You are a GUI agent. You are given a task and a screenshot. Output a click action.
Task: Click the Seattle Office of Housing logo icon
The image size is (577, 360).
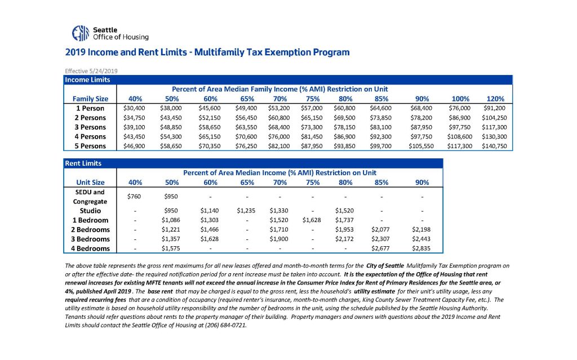pos(81,33)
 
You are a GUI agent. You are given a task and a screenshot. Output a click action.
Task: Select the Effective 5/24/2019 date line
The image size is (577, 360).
pos(91,71)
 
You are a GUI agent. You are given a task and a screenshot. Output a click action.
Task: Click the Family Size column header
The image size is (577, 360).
pos(90,99)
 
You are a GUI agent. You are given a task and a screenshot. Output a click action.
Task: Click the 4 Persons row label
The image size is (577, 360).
pos(91,136)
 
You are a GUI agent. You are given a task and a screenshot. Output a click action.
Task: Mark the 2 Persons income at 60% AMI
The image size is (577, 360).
pos(208,118)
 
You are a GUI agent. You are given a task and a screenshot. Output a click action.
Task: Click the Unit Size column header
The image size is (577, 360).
pos(90,182)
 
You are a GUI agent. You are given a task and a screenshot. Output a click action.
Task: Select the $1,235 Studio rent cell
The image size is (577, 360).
pos(244,211)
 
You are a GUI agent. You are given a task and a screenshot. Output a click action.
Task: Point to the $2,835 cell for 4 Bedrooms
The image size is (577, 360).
pos(419,248)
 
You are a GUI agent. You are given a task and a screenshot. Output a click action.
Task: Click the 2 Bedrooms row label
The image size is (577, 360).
pos(90,230)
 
